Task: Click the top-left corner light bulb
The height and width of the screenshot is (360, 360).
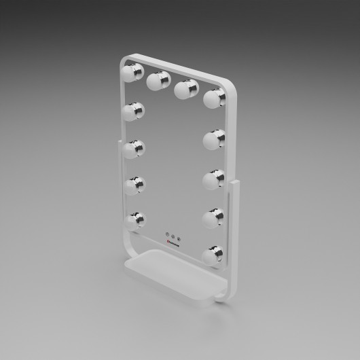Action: pos(132,71)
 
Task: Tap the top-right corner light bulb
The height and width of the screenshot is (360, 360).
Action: pos(213,98)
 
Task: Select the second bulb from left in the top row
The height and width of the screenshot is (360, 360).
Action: pos(158,80)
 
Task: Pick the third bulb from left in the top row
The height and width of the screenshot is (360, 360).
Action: pos(186,89)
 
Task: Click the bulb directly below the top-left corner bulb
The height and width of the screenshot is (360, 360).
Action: pos(134,110)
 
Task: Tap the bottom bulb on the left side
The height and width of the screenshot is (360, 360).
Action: pos(137,219)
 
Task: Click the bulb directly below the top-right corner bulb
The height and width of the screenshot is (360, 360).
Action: pos(213,141)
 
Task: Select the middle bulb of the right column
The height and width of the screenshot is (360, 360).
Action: pos(214,179)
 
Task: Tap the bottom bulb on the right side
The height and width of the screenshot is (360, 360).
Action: pos(213,255)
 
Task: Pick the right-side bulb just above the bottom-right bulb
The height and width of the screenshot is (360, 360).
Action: pos(214,217)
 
